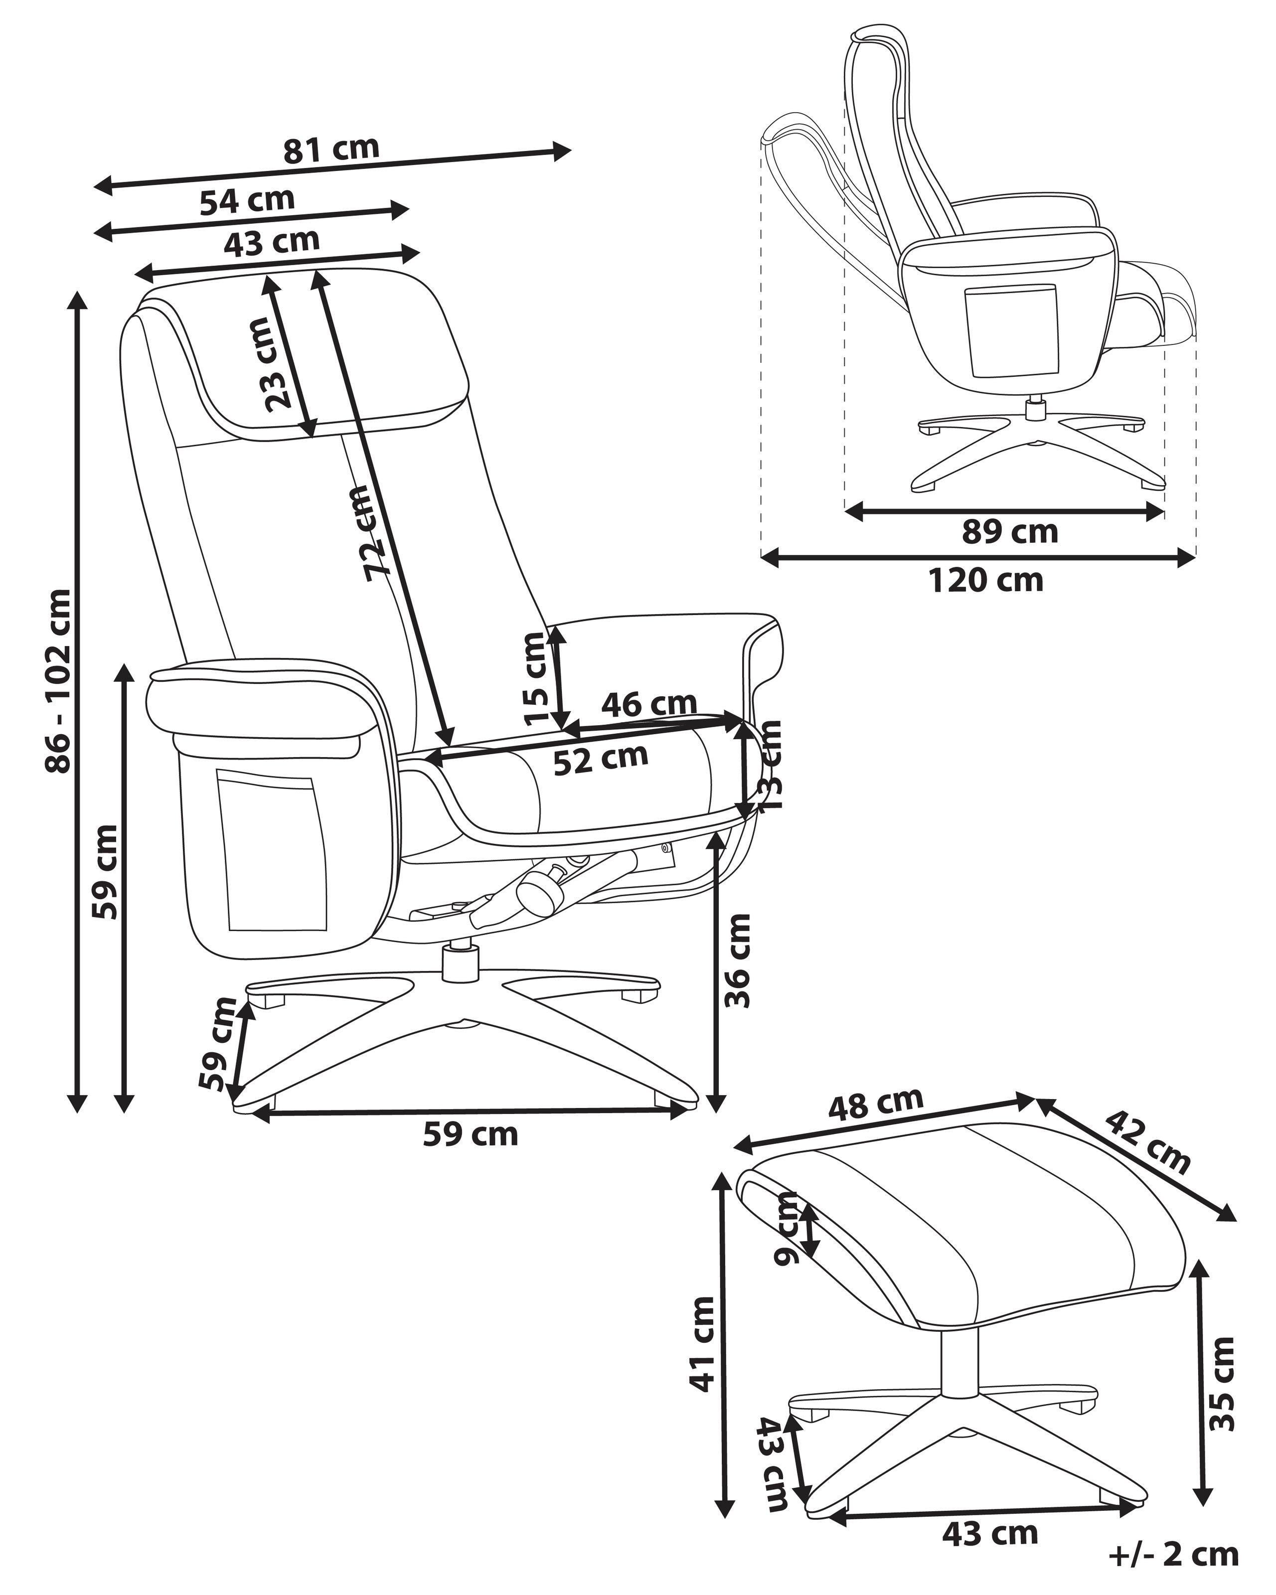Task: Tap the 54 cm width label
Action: coord(247,200)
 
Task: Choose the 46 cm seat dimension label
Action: coord(649,704)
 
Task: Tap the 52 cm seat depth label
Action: coord(601,758)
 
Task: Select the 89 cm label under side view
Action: coord(1010,531)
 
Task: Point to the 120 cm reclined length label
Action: coord(985,581)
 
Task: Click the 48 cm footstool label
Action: coord(876,1125)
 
